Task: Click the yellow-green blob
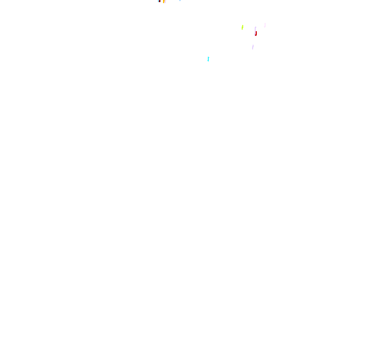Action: pyautogui.click(x=243, y=28)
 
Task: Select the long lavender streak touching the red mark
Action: pyautogui.click(x=255, y=30)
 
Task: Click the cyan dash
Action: pyautogui.click(x=208, y=59)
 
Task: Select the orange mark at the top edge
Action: pyautogui.click(x=164, y=2)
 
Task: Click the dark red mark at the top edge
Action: pyautogui.click(x=160, y=1)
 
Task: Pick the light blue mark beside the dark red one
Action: pyautogui.click(x=158, y=1)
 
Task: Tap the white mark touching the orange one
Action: pyautogui.click(x=162, y=2)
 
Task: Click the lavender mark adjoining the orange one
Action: pyautogui.click(x=165, y=2)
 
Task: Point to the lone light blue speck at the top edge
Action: pyautogui.click(x=180, y=1)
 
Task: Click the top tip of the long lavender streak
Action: pyautogui.click(x=256, y=27)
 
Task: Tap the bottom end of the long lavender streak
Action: pyautogui.click(x=255, y=35)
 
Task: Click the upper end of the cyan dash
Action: pyautogui.click(x=208, y=57)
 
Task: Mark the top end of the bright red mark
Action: pyautogui.click(x=256, y=32)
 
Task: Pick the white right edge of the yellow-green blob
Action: pyautogui.click(x=244, y=28)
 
